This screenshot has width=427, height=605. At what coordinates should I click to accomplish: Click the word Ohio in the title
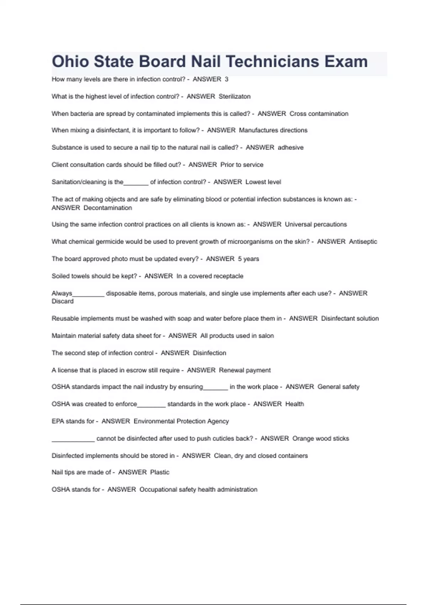(x=70, y=62)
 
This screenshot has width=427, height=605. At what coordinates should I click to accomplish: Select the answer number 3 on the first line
(x=226, y=79)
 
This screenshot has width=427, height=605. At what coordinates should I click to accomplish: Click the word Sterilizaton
(x=234, y=96)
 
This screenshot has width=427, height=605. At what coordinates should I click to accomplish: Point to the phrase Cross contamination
(x=319, y=114)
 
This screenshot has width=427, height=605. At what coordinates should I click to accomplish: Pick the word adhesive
(x=290, y=148)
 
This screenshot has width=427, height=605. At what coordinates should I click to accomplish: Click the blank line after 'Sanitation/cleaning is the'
(x=136, y=183)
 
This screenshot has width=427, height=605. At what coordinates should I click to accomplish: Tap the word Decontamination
(x=107, y=208)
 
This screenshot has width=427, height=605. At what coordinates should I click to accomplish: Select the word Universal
(x=298, y=225)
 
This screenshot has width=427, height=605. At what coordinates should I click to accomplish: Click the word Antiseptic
(x=363, y=242)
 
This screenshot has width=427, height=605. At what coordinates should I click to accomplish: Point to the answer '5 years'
(x=248, y=259)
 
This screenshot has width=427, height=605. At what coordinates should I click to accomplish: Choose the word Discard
(x=63, y=301)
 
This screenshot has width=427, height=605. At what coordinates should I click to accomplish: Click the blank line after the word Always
(x=88, y=295)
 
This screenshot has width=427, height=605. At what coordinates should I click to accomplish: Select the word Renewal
(x=231, y=370)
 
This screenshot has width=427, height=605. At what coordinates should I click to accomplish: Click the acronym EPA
(x=58, y=421)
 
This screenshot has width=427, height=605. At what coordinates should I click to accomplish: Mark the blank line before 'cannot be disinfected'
(x=73, y=440)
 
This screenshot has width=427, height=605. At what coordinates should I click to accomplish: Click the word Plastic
(x=160, y=473)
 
